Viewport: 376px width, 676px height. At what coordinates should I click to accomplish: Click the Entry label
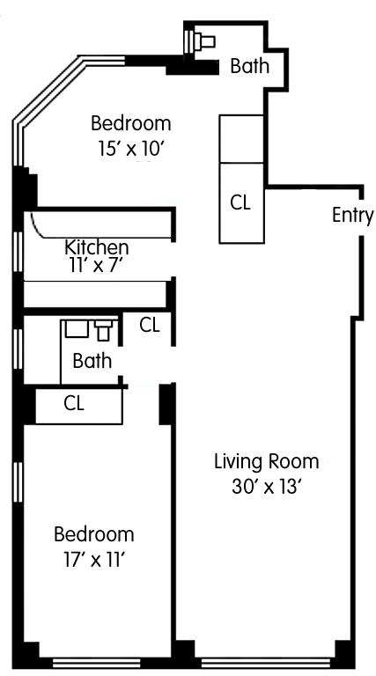[353, 216]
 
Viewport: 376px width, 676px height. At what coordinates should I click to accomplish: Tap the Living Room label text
[267, 462]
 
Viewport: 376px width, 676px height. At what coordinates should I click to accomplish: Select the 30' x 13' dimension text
[266, 487]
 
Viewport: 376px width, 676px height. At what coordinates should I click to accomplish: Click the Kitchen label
[97, 247]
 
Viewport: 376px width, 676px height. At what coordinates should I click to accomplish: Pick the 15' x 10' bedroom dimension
[131, 149]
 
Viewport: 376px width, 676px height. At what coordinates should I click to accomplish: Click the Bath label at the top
[250, 66]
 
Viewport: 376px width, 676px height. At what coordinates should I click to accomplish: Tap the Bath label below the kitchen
[92, 361]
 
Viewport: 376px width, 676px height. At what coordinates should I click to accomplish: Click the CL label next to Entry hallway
[240, 202]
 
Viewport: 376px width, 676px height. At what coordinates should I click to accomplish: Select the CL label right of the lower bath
[150, 325]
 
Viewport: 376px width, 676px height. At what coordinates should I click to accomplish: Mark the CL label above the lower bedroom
[74, 403]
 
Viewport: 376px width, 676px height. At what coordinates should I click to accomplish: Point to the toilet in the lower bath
[104, 330]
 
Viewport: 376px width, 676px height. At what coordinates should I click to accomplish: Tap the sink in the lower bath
[77, 328]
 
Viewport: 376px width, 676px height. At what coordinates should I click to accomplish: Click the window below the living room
[268, 662]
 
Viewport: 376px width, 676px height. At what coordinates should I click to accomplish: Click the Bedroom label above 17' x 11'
[94, 534]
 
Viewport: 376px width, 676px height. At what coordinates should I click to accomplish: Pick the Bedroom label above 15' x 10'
[131, 123]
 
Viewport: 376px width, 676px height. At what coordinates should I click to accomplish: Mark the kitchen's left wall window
[18, 252]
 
